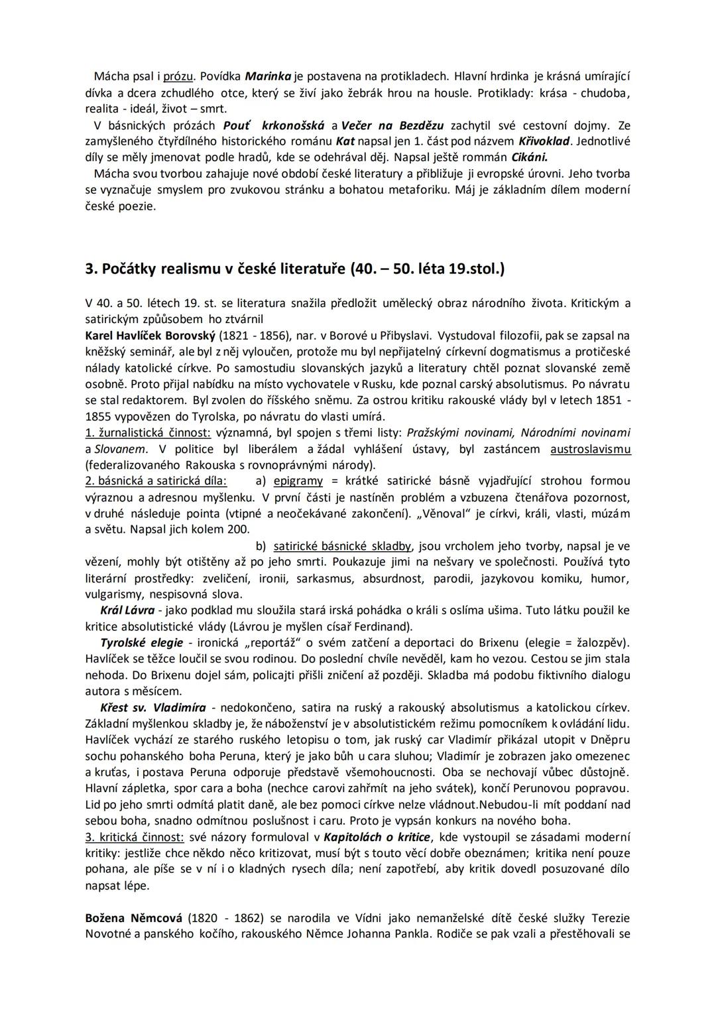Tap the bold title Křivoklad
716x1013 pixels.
click(x=544, y=141)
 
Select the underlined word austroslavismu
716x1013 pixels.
click(x=591, y=449)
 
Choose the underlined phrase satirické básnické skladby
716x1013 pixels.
click(x=342, y=547)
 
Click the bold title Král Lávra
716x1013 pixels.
click(x=127, y=610)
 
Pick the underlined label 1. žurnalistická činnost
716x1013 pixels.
click(x=148, y=433)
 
